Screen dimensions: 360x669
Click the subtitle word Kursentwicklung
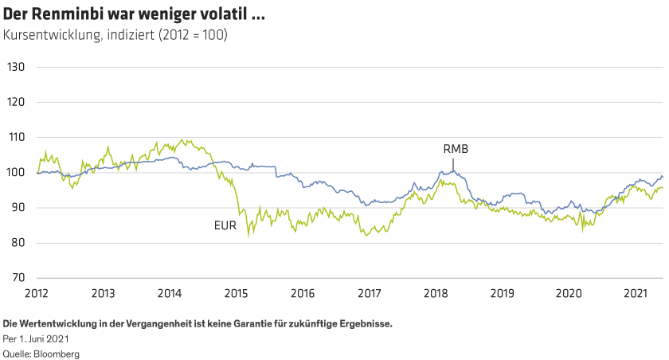pos(49,35)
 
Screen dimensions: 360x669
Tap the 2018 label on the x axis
pos(434,293)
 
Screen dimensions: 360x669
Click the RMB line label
pos(455,149)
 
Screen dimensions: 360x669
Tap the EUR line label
pos(225,226)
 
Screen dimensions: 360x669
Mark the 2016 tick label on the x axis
pos(302,293)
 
